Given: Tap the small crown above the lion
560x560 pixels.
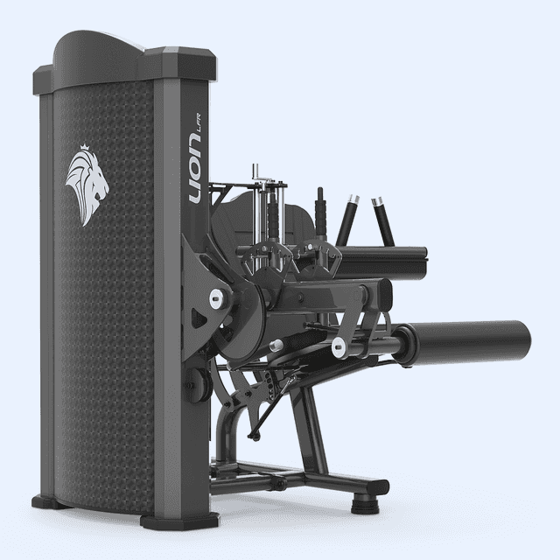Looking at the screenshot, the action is [x=84, y=146].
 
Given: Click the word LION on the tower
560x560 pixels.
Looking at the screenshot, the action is [x=196, y=171].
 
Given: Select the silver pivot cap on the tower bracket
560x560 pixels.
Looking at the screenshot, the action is [x=216, y=297].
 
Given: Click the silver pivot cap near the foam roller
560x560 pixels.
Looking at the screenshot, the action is [x=339, y=346].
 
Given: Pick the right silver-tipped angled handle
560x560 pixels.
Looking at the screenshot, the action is [x=382, y=220].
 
